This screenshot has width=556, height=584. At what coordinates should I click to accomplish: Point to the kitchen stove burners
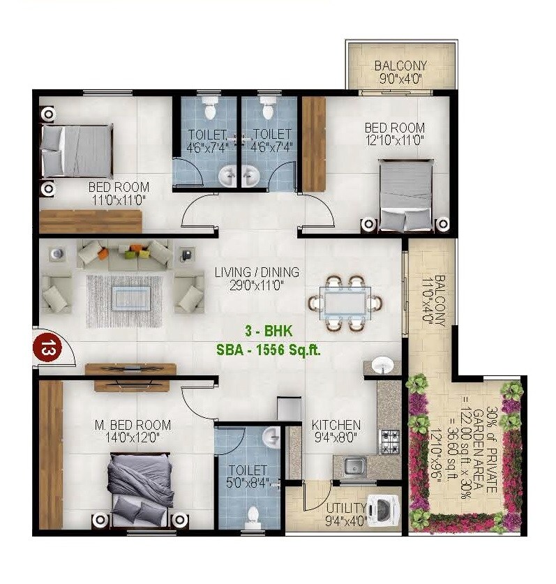389,440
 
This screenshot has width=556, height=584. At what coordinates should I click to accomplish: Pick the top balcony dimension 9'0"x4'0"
400,79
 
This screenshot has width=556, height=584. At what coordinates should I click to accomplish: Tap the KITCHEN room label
336,425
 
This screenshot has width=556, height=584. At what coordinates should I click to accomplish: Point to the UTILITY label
346,507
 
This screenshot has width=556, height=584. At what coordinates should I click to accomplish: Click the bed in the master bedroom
140,488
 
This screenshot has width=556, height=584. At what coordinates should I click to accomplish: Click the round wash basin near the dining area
381,364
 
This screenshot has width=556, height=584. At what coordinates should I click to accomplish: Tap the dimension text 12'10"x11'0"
394,140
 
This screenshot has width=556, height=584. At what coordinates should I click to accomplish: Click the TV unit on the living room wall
130,369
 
